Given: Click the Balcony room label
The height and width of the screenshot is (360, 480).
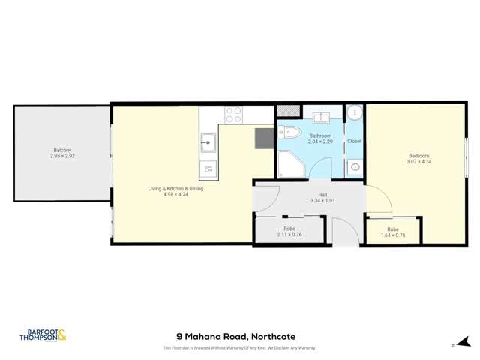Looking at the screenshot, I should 62,150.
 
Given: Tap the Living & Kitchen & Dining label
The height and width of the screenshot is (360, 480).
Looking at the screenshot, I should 175,188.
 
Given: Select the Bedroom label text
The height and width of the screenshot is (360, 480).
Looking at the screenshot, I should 418,156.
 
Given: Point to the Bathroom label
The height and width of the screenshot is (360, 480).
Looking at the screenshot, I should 319,135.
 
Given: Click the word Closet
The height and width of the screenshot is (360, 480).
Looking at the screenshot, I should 354,141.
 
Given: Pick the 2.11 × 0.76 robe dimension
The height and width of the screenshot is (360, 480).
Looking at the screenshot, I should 289,235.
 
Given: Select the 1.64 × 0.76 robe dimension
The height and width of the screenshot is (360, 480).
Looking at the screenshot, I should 393,235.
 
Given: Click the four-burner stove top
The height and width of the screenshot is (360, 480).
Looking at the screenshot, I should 234,115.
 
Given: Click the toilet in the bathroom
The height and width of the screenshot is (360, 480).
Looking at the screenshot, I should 291,133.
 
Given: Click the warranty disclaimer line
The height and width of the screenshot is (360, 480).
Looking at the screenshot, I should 239,348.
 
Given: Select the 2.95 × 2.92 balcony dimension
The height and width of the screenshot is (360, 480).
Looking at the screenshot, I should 62,156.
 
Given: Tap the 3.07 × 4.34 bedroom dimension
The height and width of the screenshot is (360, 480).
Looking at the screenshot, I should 418,162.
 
